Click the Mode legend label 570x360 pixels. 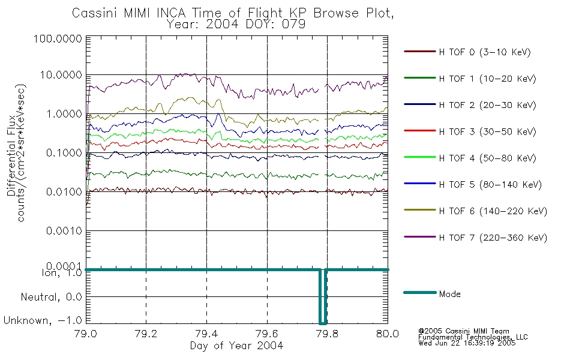[449, 294]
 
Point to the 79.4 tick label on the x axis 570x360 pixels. [206, 334]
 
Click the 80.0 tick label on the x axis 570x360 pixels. [388, 334]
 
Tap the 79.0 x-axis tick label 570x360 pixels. [86, 334]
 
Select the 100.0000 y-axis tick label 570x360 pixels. [58, 38]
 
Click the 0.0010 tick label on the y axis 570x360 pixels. [64, 231]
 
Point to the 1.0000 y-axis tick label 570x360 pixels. [64, 114]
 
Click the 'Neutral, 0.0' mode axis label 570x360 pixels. [51, 297]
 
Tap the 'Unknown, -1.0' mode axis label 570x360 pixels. [43, 320]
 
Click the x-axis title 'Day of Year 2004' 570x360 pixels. [236, 346]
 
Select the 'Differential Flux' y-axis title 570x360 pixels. [11, 155]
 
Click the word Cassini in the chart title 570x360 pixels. [95, 13]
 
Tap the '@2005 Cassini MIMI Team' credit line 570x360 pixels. [463, 331]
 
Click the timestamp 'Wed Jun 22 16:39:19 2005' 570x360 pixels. [467, 343]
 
